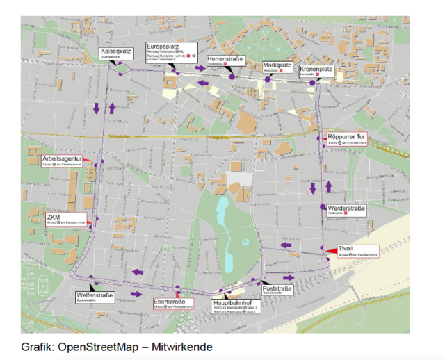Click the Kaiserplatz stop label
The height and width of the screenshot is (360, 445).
point(116,54)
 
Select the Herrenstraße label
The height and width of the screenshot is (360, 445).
point(225,62)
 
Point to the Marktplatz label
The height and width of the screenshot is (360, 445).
point(278,67)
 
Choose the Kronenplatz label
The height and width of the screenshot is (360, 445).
point(316,72)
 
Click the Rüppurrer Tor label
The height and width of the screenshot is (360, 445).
point(346,138)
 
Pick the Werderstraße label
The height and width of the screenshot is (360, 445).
point(346,210)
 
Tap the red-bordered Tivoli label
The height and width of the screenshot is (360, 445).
point(356,250)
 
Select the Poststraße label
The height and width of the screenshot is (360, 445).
point(278,290)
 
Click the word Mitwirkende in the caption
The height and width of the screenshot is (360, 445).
point(185,346)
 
